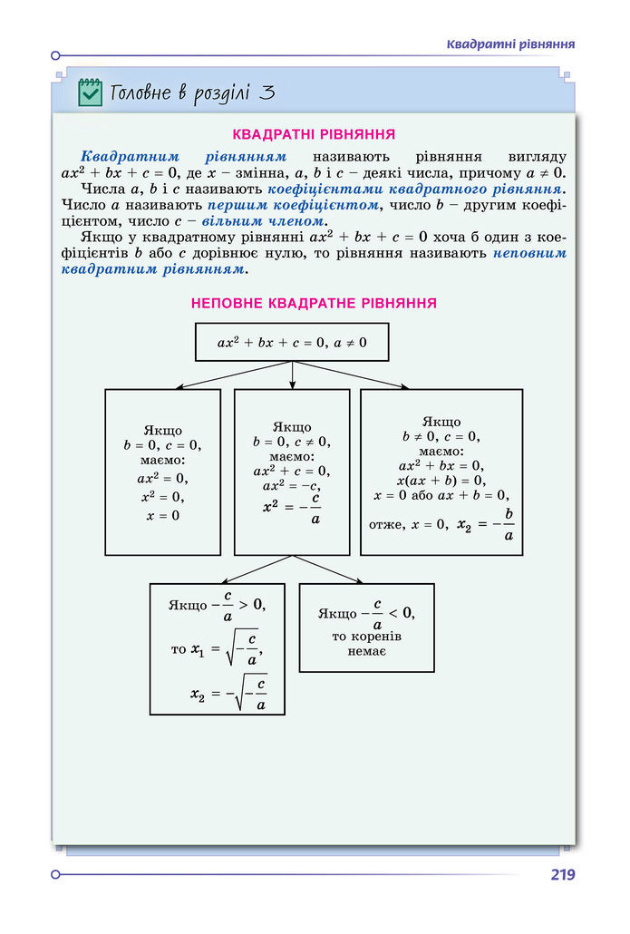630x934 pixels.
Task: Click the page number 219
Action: click(x=562, y=875)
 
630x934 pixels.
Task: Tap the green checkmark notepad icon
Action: click(x=90, y=92)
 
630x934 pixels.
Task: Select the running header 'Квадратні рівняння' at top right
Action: click(x=512, y=44)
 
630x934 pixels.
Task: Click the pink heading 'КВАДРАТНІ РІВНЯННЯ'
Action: click(x=314, y=135)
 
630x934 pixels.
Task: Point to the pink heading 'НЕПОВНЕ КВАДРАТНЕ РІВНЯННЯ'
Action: click(x=314, y=303)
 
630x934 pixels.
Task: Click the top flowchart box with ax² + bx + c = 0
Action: click(x=292, y=342)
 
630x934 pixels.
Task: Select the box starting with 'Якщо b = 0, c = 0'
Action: click(x=162, y=472)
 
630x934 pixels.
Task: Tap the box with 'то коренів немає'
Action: click(x=366, y=628)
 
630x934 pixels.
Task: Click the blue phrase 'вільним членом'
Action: click(x=276, y=220)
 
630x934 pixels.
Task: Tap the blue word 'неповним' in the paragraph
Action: click(x=530, y=254)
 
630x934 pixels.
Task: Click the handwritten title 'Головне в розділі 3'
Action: click(x=191, y=93)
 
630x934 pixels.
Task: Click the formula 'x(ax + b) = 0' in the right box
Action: click(x=441, y=481)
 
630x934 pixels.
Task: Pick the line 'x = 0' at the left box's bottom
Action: click(x=162, y=515)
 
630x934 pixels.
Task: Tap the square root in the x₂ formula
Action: click(x=249, y=694)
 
